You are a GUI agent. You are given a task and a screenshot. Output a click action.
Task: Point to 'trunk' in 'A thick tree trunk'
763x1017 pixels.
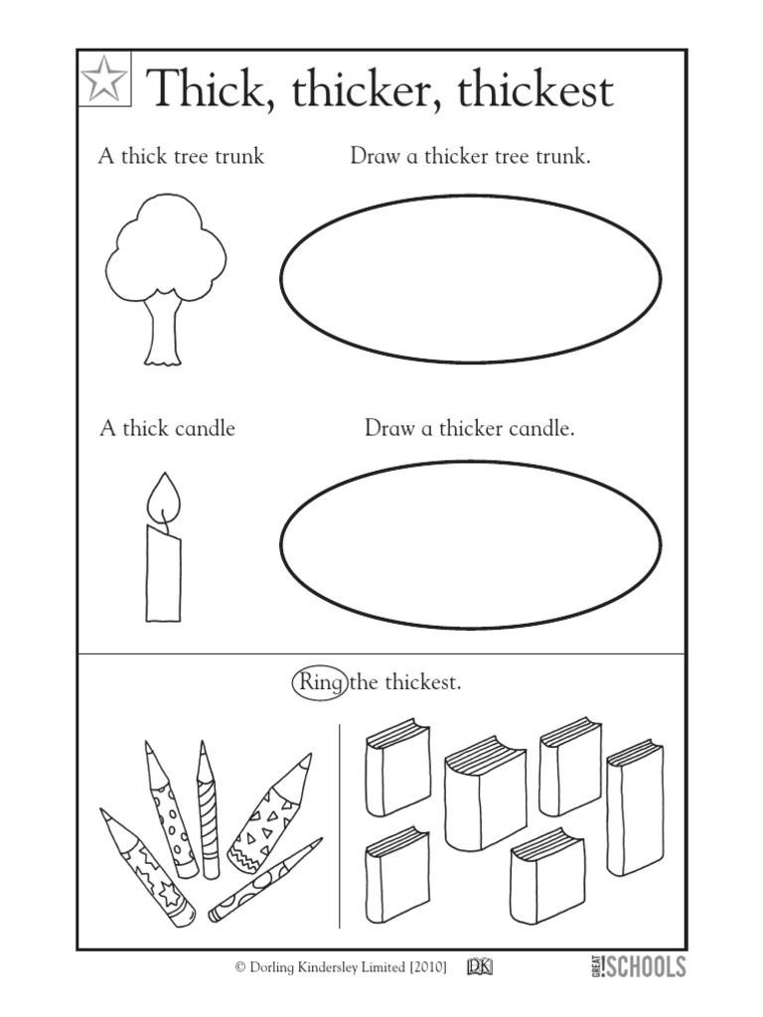point(237,156)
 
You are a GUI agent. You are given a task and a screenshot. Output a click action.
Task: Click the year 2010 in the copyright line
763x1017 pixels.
point(421,966)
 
